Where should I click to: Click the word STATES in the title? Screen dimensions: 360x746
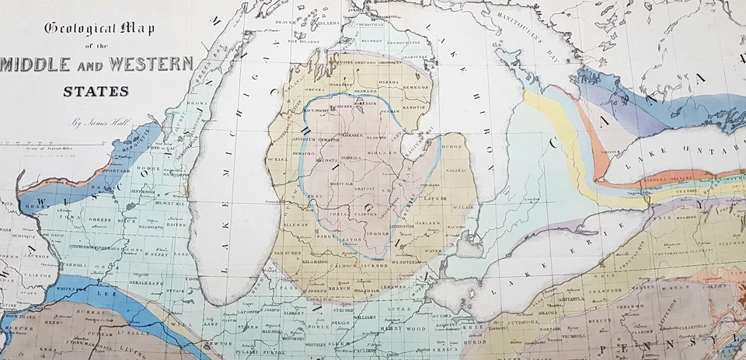pyautogui.click(x=96, y=91)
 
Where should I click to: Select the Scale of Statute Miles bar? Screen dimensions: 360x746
pyautogui.click(x=62, y=143)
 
